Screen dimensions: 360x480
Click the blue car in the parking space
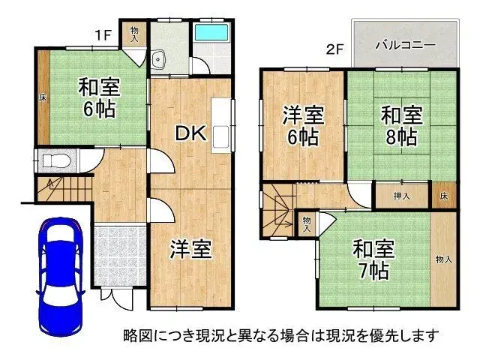pyautogui.click(x=61, y=270)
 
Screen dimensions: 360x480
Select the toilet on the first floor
pyautogui.click(x=55, y=160)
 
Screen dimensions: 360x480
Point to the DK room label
pyautogui.click(x=190, y=133)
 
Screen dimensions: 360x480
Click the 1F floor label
pyautogui.click(x=103, y=34)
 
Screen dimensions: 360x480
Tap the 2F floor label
pyautogui.click(x=334, y=50)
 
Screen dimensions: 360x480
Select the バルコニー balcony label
pyautogui.click(x=405, y=45)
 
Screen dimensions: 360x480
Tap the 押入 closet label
pyautogui.click(x=402, y=196)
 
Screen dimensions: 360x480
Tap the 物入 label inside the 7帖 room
pyautogui.click(x=444, y=259)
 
